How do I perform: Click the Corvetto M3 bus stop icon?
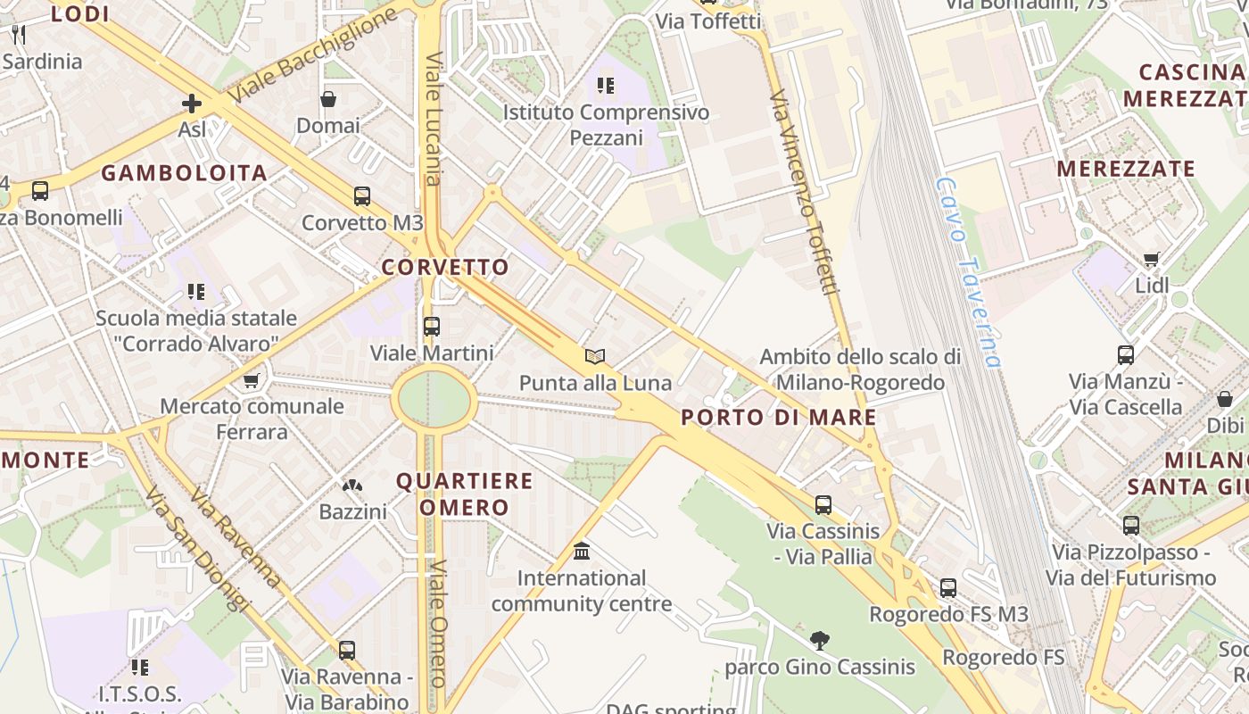pyautogui.click(x=361, y=196)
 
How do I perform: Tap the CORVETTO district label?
pyautogui.click(x=445, y=267)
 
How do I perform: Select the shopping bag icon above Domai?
pyautogui.click(x=328, y=99)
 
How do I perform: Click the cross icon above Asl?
pyautogui.click(x=192, y=104)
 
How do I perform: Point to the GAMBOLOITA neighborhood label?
pyautogui.click(x=184, y=173)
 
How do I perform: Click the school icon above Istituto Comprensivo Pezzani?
pyautogui.click(x=606, y=86)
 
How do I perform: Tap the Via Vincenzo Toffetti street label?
pyautogui.click(x=806, y=192)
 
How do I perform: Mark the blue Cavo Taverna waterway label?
pyautogui.click(x=968, y=272)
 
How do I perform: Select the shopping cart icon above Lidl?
pyautogui.click(x=1151, y=260)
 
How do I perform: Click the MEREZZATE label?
pyautogui.click(x=1126, y=169)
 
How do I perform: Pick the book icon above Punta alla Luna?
pyautogui.click(x=595, y=356)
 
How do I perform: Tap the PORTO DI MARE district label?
pyautogui.click(x=779, y=417)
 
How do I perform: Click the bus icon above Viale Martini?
pyautogui.click(x=432, y=327)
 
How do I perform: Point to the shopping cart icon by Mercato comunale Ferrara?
pyautogui.click(x=252, y=380)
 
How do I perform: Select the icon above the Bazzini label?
pyautogui.click(x=352, y=486)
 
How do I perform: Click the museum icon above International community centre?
pyautogui.click(x=582, y=552)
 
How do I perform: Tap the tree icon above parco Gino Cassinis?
pyautogui.click(x=819, y=640)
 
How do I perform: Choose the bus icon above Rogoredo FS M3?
pyautogui.click(x=948, y=588)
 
